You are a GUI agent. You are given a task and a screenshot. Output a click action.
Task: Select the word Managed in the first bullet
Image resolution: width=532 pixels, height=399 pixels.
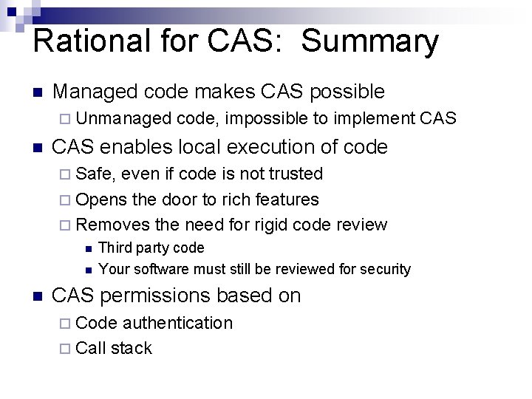point(95,92)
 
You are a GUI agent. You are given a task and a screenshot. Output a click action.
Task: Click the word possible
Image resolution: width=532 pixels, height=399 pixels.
point(347,92)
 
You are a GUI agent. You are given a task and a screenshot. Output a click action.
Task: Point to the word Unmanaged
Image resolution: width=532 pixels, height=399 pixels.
point(123,118)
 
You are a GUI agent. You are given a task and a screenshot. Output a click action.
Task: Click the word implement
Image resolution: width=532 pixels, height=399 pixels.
point(373,118)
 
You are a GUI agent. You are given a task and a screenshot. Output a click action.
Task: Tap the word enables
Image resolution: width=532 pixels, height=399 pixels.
point(130,147)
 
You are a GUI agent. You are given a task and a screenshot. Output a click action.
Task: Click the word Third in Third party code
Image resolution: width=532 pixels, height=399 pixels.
point(114,248)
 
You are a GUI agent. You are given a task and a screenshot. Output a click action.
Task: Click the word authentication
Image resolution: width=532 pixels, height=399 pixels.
point(177,323)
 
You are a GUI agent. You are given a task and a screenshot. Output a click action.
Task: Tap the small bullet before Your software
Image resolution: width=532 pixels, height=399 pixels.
point(88,270)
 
